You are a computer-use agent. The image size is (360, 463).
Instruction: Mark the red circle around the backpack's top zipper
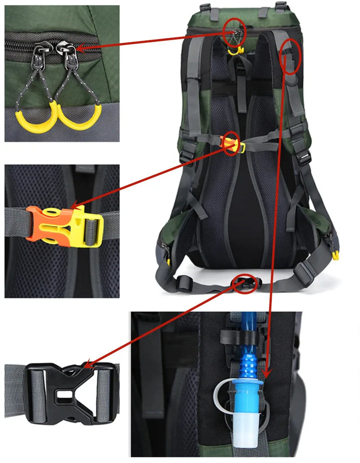(x=235, y=29)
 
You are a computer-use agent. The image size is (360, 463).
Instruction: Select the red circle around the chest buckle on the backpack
(x=230, y=143)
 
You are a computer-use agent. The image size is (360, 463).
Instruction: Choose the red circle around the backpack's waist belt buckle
(x=245, y=283)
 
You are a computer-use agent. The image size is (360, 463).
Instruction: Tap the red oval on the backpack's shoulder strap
(x=291, y=56)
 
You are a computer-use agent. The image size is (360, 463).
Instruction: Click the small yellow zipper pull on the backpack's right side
(x=335, y=255)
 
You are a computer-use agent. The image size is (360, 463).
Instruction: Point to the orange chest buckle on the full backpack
(x=229, y=145)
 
